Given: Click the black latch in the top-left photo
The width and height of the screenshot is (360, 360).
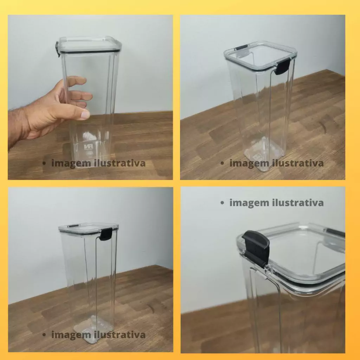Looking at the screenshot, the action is pos(57,49).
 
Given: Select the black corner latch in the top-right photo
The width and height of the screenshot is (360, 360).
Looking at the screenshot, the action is pos(282,66).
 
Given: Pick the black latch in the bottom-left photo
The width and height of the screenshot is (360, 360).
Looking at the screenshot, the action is pos(106,234).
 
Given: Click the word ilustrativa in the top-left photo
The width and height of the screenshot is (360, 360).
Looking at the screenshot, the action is pos(120,163).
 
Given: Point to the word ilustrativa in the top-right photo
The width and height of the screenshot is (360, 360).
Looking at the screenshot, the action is pos(298,163).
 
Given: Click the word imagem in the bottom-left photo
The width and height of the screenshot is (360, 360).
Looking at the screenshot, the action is pos(71,335).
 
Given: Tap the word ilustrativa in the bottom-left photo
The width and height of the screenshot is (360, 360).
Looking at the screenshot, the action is pos(120,335).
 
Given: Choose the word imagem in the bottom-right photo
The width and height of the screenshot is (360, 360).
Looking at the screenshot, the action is pos(249,203).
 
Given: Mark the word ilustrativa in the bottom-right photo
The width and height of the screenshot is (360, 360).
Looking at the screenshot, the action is pos(298,202).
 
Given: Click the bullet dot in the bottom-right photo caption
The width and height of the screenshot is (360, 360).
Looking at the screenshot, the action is pos(222,203).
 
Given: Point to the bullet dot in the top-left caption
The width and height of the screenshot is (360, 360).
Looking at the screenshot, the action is pos(44,163).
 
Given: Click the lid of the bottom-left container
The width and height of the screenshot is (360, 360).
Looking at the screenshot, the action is pos(88,229).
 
